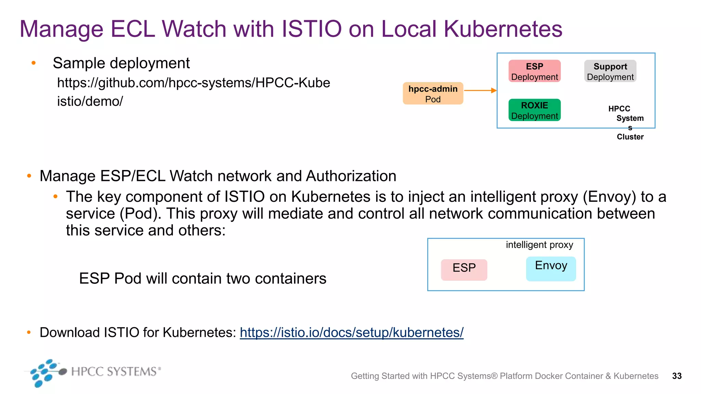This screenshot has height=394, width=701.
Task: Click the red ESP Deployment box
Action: click(x=534, y=71)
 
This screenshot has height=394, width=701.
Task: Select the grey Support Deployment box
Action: click(x=610, y=71)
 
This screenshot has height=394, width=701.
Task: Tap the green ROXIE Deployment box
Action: click(x=534, y=110)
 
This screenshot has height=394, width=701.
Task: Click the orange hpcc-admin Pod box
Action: click(x=433, y=93)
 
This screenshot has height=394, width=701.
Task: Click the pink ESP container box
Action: click(x=464, y=270)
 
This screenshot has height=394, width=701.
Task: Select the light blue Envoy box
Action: click(x=551, y=269)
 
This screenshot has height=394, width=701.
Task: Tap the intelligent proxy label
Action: click(x=539, y=245)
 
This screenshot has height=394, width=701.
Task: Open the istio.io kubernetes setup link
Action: click(x=352, y=332)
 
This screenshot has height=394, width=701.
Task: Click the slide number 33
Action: click(x=677, y=376)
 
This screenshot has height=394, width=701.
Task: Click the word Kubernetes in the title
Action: click(x=503, y=29)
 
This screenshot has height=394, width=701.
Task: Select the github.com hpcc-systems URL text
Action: click(x=193, y=83)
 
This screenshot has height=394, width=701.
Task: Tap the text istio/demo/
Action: click(x=90, y=101)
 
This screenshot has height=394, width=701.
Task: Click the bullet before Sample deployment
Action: click(x=34, y=63)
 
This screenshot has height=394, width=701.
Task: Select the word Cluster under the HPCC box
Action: click(x=630, y=137)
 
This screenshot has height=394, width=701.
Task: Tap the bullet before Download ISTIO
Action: click(x=29, y=332)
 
